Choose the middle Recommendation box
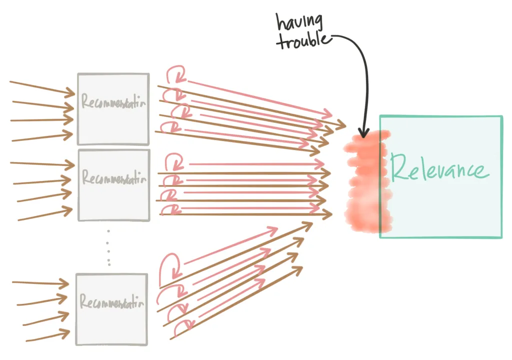tap(113, 184)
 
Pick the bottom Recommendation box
tap(111, 308)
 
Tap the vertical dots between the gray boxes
tap(109, 247)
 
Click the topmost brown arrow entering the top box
tap(42, 86)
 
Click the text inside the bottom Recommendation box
tap(112, 303)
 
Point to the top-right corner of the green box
tap(501, 116)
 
